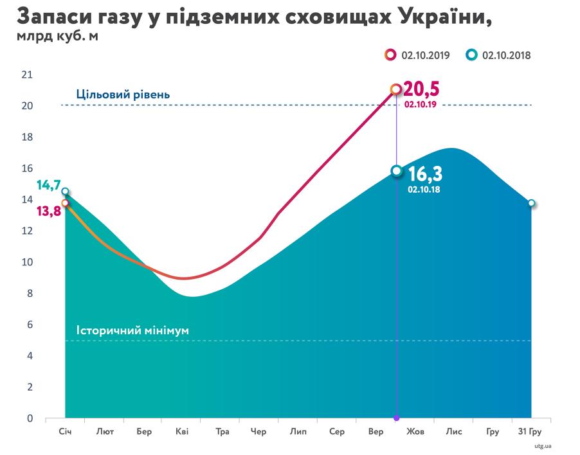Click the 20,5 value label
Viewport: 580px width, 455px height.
point(426,89)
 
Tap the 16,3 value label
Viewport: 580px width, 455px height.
point(426,174)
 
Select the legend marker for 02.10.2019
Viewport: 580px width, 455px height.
point(390,55)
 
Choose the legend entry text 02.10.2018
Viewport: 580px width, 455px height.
point(507,55)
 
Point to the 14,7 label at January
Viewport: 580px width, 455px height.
point(48,186)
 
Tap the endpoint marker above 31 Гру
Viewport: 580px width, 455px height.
point(532,203)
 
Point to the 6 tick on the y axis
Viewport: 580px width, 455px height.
point(29,325)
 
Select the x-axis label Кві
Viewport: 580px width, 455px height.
point(182,432)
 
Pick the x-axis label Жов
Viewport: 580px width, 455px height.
point(414,432)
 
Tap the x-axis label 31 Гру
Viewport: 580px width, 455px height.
point(530,432)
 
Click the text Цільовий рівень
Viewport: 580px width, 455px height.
point(123,94)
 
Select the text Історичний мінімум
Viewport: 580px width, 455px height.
point(132,331)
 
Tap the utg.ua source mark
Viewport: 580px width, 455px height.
point(543,445)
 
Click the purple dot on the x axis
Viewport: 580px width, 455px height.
point(396,418)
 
